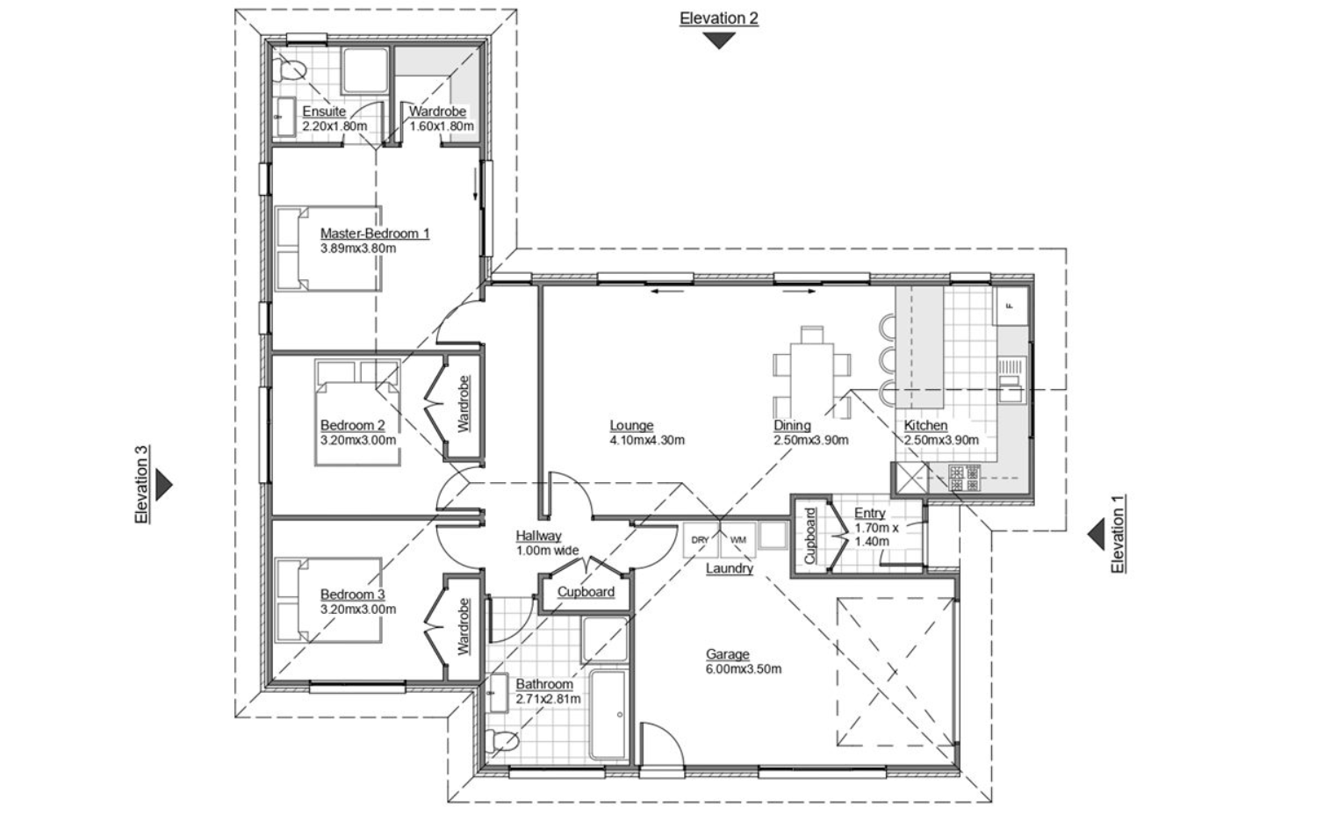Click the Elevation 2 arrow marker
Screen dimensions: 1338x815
(x=718, y=40)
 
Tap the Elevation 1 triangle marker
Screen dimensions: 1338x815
(x=1096, y=534)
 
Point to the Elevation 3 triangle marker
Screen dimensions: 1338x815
(x=164, y=485)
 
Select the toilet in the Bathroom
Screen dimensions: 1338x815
(x=501, y=741)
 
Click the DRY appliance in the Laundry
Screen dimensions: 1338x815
(x=701, y=539)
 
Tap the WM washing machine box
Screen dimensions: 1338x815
(x=738, y=539)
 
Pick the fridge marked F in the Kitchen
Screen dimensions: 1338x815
(x=1011, y=306)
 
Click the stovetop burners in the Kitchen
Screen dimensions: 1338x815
(x=965, y=478)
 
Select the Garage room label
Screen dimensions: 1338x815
(x=727, y=654)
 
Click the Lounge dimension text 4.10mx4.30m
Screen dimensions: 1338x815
(x=647, y=440)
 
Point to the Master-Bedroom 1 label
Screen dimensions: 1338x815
(x=375, y=233)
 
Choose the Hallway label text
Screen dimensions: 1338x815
(x=538, y=536)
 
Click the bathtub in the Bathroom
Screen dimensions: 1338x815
(x=608, y=715)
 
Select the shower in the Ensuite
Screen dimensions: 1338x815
(x=365, y=71)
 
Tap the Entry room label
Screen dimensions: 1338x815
(x=869, y=513)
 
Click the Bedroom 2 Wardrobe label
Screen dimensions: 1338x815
(x=464, y=404)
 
